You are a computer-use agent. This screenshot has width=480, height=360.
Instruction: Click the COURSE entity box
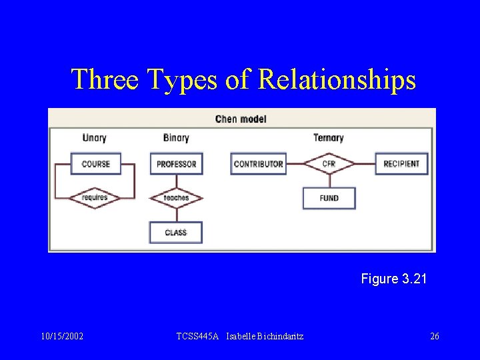[x=96, y=164]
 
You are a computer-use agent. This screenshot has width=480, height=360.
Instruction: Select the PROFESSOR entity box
[x=176, y=164]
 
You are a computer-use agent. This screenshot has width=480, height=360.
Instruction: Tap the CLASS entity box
[x=176, y=233]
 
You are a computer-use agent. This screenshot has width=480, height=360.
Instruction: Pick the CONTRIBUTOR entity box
[x=259, y=164]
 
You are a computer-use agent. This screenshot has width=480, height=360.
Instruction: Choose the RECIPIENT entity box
[x=401, y=164]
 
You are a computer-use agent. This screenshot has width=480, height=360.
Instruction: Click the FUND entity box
[x=329, y=198]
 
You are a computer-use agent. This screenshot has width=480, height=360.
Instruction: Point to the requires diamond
[x=95, y=198]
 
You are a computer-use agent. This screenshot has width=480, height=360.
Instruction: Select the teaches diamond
[x=176, y=198]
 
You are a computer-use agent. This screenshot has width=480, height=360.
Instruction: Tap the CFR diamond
[x=329, y=163]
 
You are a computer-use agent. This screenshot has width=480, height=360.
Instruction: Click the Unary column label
[x=95, y=138]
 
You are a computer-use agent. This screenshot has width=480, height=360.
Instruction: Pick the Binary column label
[x=176, y=138]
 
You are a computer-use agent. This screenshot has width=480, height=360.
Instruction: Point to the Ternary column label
[x=329, y=138]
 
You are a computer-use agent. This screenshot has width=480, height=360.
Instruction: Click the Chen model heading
[x=241, y=119]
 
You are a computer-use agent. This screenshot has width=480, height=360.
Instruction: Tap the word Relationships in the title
[x=337, y=79]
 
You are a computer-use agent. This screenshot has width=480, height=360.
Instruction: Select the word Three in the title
[x=104, y=79]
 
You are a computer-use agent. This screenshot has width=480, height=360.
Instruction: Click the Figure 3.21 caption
[x=393, y=279]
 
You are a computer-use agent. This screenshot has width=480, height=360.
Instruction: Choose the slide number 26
[x=435, y=337]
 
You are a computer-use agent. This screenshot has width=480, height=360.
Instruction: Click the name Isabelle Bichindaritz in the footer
[x=265, y=337]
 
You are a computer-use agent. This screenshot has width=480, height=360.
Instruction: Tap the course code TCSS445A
[x=197, y=337]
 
